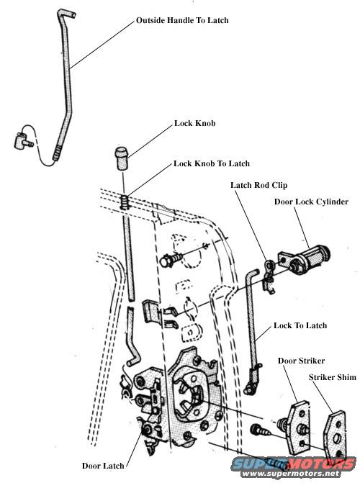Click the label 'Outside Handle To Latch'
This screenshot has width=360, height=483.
(x=182, y=21)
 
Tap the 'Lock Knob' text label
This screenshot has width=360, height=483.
(x=195, y=123)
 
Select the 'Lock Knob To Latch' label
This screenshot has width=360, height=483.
(x=212, y=163)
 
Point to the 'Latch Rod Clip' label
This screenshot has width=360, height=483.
(x=259, y=185)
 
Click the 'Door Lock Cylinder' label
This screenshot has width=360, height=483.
(x=311, y=202)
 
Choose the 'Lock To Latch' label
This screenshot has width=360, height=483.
(x=300, y=325)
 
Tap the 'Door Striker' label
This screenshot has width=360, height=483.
(x=301, y=361)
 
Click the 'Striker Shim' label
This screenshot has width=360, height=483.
(x=332, y=377)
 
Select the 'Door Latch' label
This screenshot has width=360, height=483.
(x=103, y=466)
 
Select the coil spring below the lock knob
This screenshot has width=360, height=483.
(x=124, y=202)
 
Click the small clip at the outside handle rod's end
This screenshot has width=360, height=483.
(x=23, y=140)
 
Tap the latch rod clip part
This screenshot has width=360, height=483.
(x=269, y=276)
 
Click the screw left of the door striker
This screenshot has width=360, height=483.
(x=259, y=430)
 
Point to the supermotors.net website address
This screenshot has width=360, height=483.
(x=291, y=473)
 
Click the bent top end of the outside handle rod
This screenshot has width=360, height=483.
(x=66, y=14)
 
